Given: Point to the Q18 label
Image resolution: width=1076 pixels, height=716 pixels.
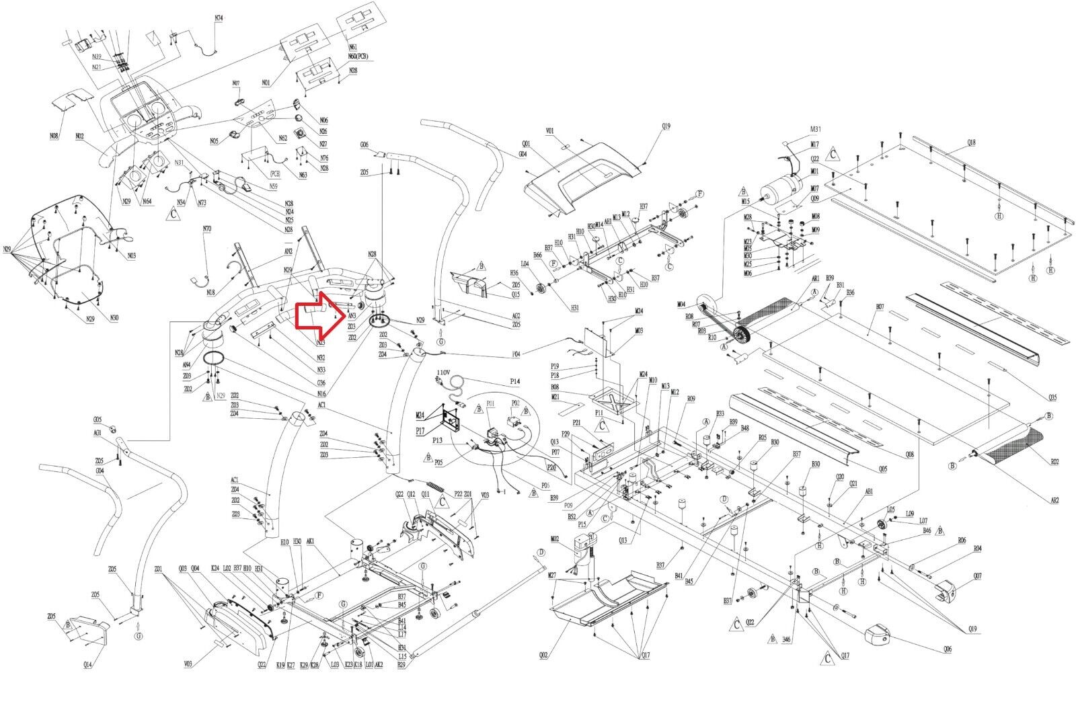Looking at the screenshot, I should pyautogui.click(x=971, y=143).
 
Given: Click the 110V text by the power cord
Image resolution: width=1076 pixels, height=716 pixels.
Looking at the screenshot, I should pyautogui.click(x=443, y=372).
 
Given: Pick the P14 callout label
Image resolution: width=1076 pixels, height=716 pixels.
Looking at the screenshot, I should pyautogui.click(x=514, y=381).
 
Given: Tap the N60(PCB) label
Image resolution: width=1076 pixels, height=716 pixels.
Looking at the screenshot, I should pyautogui.click(x=357, y=56).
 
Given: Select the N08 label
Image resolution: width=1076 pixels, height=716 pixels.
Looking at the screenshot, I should pyautogui.click(x=54, y=136).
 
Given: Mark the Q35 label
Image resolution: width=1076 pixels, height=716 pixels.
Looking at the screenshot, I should pyautogui.click(x=1052, y=397).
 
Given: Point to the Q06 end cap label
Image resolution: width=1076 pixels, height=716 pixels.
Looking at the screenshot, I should pyautogui.click(x=948, y=649).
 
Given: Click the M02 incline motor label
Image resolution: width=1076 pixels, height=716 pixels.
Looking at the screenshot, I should pyautogui.click(x=555, y=539).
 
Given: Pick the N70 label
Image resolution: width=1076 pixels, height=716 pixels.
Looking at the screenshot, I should pyautogui.click(x=207, y=229).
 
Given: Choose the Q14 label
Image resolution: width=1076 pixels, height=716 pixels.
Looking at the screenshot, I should pyautogui.click(x=87, y=665).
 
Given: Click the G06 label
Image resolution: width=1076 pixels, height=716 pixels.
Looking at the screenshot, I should pyautogui.click(x=364, y=145).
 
